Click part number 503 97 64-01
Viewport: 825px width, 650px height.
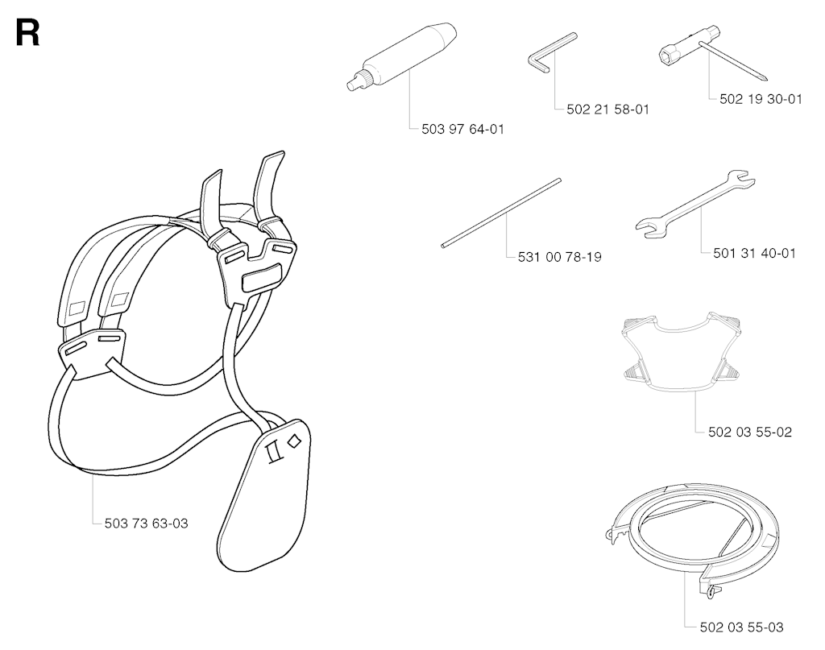click(x=462, y=129)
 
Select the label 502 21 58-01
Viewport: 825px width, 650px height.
click(x=607, y=110)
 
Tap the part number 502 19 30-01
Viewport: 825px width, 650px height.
click(x=761, y=99)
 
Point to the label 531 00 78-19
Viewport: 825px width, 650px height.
click(x=559, y=257)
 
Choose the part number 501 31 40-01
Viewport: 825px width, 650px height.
click(x=754, y=253)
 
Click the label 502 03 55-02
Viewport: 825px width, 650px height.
click(x=750, y=433)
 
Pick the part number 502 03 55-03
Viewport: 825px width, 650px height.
click(x=741, y=627)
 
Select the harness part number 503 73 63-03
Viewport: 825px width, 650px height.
click(x=147, y=524)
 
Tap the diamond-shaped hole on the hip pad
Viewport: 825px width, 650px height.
click(x=293, y=441)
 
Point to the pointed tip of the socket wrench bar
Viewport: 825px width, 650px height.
click(x=765, y=79)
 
